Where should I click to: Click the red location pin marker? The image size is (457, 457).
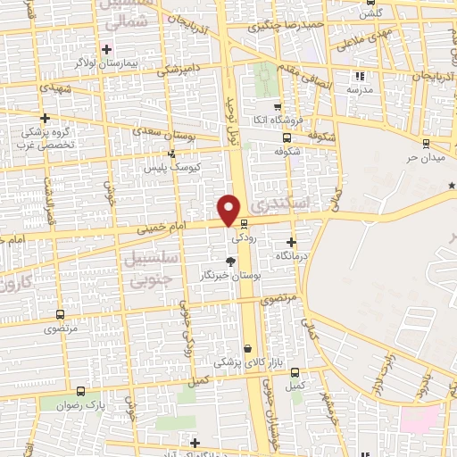coord(229,210)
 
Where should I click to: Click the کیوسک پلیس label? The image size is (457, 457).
coord(173,167)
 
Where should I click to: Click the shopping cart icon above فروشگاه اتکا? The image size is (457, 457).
coord(278,105)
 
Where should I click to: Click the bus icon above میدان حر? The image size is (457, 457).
coord(426,141)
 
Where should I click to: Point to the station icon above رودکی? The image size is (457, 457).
coord(244,225)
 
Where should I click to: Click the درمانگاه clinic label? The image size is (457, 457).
coord(291,255)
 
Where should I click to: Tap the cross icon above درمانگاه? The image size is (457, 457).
coord(292,242)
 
